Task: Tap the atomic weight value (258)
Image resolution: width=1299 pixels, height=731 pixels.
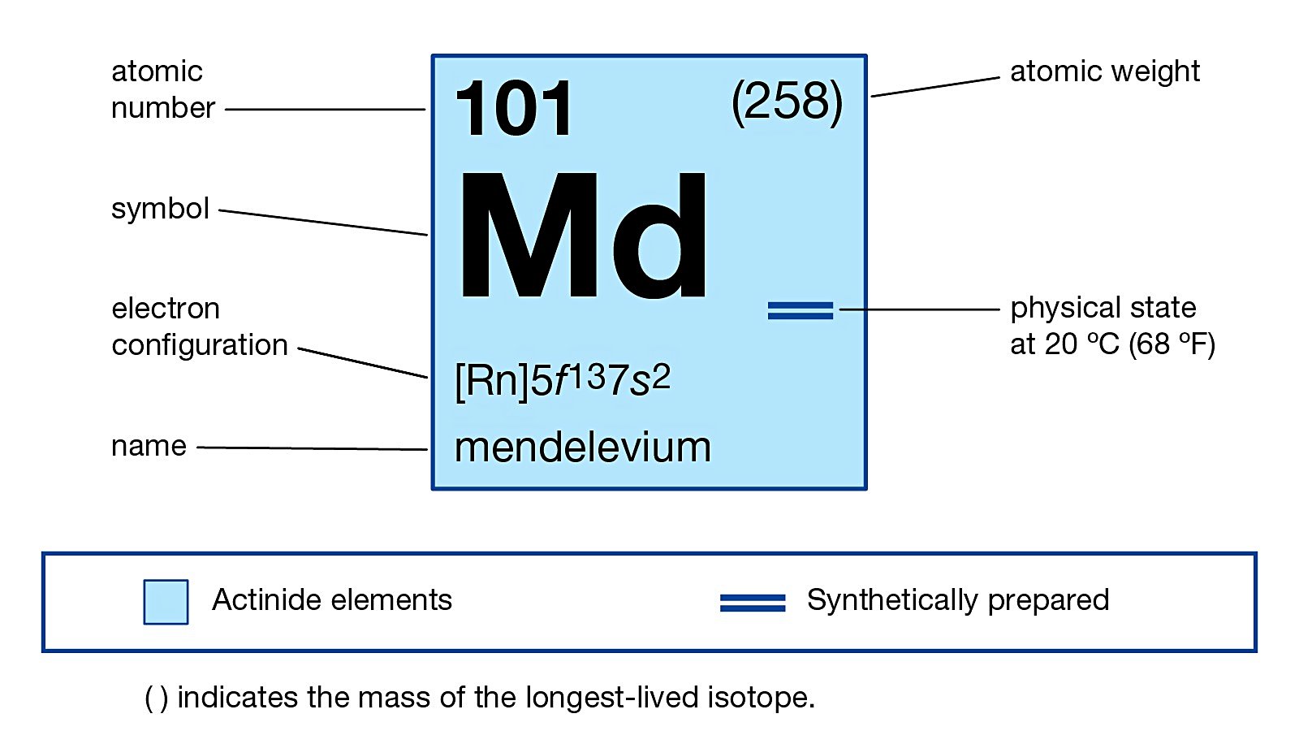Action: (x=787, y=102)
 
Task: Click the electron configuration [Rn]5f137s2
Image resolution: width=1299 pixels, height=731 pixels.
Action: (x=563, y=379)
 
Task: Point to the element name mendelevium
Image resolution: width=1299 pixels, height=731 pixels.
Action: (x=582, y=448)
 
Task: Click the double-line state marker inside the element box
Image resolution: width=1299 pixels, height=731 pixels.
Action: (x=800, y=310)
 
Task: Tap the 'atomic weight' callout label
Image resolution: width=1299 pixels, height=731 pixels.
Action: (x=1104, y=71)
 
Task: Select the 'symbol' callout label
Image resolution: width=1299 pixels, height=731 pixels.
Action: (x=160, y=209)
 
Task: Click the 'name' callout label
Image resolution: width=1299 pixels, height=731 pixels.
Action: (x=149, y=446)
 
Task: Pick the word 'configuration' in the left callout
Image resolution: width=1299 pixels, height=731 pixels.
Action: (x=200, y=345)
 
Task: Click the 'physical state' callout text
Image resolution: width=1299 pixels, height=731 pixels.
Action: (x=1103, y=308)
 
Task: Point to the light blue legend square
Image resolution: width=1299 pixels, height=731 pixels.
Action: (x=166, y=602)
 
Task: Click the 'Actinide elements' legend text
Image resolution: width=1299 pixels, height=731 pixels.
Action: (x=331, y=600)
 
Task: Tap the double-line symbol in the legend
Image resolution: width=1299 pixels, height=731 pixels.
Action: (x=753, y=603)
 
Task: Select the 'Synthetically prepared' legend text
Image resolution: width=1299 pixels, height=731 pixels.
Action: (x=957, y=600)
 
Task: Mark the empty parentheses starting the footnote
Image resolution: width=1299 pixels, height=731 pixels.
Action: (x=156, y=699)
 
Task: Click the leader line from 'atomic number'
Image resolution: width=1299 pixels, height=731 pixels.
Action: (x=325, y=109)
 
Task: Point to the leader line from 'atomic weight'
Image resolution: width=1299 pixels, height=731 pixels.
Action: (x=934, y=87)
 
